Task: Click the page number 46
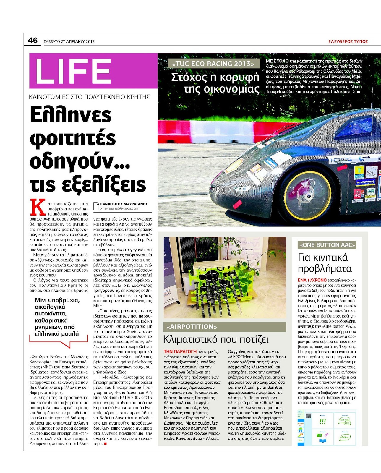coord(33,40)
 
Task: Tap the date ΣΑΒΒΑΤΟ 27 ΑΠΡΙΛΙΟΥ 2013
coord(69,41)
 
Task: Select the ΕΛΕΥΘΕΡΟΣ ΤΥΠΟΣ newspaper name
coord(348,41)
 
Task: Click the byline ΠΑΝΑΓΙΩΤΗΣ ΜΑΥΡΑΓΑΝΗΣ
coord(124,204)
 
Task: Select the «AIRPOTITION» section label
coord(192,327)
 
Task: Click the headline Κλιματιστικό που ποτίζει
coord(216,339)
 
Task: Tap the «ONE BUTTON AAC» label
coord(327,245)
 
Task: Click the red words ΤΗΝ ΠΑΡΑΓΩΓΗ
coord(180,351)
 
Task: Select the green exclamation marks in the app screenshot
coord(322,422)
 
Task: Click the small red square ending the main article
coord(105,443)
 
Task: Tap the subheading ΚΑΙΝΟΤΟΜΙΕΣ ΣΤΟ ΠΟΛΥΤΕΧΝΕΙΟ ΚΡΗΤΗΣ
coord(90,97)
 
